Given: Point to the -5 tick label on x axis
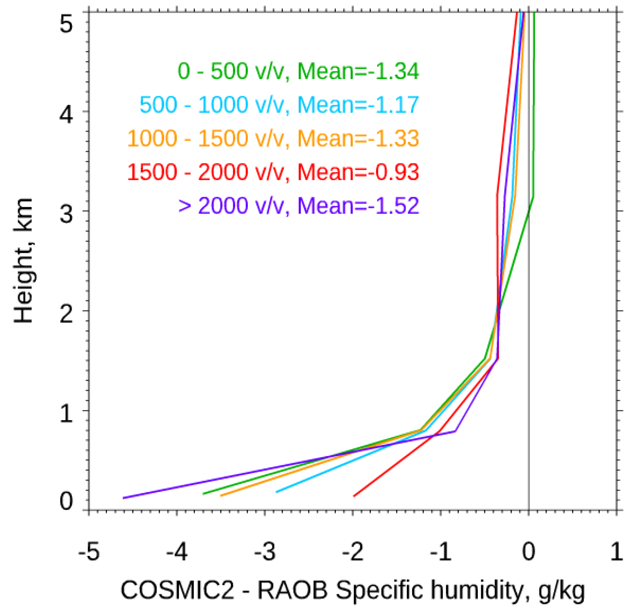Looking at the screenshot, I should point(89,552).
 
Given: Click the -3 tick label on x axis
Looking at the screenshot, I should point(265,552).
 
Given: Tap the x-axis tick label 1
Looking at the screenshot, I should point(617,552).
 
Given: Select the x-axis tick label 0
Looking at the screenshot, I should point(529,552).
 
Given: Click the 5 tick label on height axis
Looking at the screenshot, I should point(66,24).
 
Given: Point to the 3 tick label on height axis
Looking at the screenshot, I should point(66,214).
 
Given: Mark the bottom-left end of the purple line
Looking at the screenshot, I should point(124,498).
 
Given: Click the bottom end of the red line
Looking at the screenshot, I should point(354,496).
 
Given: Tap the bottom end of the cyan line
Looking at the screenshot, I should point(277,492).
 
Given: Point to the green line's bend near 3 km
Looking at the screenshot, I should point(533,196).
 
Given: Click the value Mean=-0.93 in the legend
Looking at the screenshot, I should point(358,172).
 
